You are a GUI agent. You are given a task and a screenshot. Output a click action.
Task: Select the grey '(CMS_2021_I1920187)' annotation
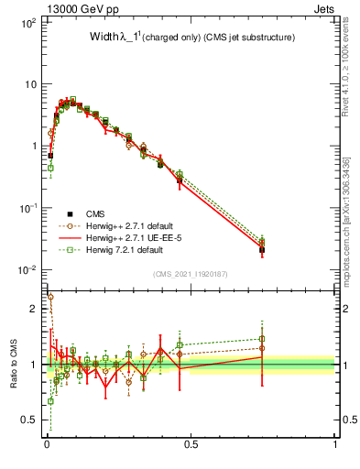191,274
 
